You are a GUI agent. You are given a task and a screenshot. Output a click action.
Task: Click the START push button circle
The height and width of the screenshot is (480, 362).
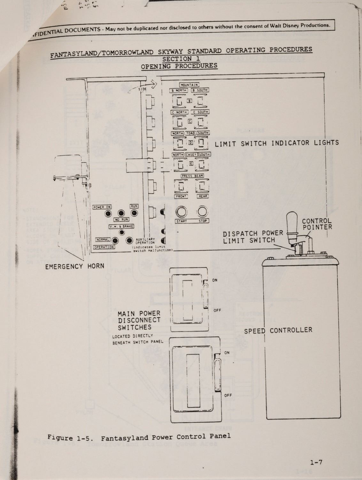pos(181,212)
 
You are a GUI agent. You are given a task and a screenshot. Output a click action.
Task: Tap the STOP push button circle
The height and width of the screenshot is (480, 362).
pos(203,212)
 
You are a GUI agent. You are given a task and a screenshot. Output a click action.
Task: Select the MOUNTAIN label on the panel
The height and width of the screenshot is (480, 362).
pos(189,85)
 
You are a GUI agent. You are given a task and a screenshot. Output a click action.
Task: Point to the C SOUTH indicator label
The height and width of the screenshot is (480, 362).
pos(200,112)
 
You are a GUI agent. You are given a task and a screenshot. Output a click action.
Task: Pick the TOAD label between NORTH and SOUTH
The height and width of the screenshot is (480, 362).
pos(191,133)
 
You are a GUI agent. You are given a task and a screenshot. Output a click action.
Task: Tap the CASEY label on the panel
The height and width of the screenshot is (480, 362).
pos(191,155)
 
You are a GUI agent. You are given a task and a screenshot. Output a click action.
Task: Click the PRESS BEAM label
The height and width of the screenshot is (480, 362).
pos(192,176)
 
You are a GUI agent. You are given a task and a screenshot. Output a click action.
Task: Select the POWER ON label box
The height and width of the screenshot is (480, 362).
pos(102,207)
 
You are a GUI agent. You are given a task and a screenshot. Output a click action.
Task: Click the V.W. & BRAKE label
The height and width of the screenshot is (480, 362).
pos(121,226)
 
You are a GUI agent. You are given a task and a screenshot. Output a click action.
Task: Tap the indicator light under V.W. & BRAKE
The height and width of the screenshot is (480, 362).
pos(122,232)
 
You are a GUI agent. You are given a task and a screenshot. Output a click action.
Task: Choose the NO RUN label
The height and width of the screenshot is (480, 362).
pos(121,220)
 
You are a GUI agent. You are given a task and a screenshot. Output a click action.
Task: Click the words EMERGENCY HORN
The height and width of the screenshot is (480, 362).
pos(75,266)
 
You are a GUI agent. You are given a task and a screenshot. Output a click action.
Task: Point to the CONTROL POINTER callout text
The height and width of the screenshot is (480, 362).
pos(317,224)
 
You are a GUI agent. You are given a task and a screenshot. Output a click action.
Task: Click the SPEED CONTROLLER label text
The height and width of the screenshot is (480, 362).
pos(278,331)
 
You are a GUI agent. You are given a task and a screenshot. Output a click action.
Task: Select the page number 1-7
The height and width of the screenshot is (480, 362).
pos(316,462)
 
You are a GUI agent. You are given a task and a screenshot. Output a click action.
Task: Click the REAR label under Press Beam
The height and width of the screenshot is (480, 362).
pos(203,196)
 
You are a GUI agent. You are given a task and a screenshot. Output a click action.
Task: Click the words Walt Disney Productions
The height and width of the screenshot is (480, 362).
pos(297,25)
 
